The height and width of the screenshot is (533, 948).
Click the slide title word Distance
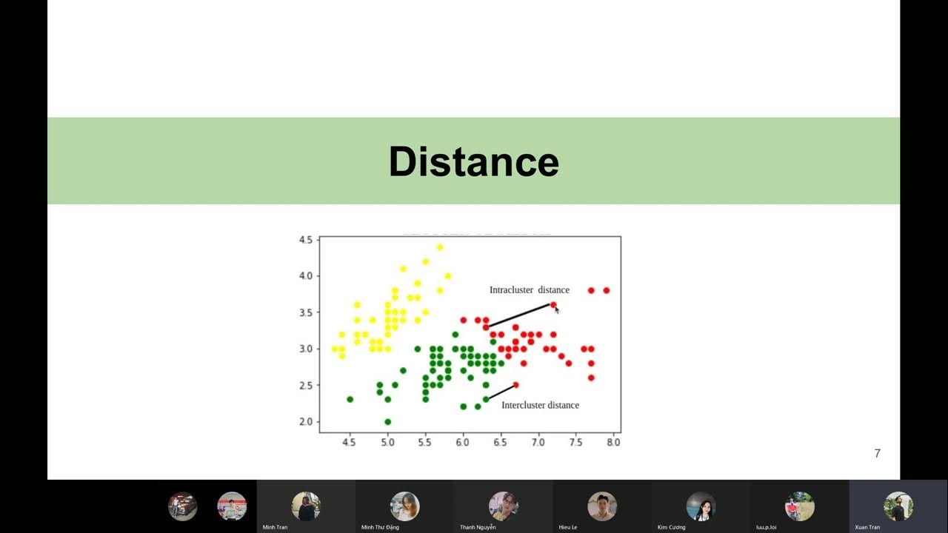(473, 161)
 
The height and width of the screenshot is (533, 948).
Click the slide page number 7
(878, 453)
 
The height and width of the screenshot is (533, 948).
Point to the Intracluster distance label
(529, 290)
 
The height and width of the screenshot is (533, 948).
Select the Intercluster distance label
(540, 405)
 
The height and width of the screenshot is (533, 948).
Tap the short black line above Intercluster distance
(501, 392)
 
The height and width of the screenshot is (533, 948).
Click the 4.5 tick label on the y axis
(306, 240)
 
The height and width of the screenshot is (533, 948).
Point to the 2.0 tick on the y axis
(306, 422)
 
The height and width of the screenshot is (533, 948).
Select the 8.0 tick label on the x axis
(613, 442)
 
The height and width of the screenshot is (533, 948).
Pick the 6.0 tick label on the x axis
(463, 442)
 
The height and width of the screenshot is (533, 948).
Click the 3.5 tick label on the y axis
(306, 312)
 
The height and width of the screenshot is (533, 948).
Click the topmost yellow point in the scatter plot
(440, 247)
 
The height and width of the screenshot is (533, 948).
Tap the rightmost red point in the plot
(606, 290)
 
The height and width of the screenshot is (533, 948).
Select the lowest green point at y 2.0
(387, 422)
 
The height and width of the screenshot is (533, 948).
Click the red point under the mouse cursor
(553, 305)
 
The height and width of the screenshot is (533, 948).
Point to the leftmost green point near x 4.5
(350, 399)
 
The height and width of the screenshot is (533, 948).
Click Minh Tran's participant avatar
(306, 506)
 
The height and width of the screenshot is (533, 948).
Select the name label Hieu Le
(568, 527)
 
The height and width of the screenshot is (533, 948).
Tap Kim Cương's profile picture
(701, 506)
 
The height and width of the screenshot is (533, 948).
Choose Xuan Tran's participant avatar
(898, 506)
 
